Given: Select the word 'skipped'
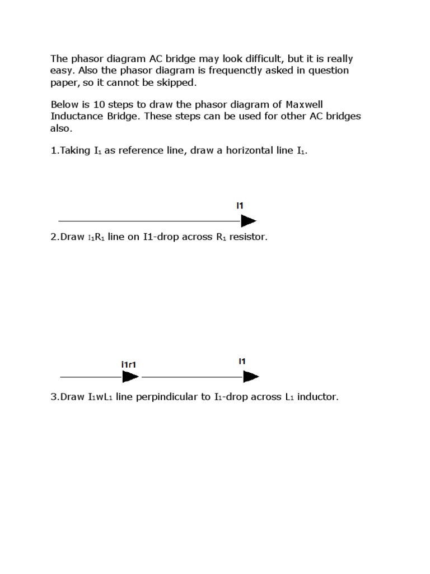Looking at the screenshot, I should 176,82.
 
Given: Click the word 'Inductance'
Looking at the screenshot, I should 76,117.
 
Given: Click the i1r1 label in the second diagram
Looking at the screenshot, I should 129,365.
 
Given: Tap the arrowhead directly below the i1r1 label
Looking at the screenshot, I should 130,377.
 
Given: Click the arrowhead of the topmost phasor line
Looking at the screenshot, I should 249,221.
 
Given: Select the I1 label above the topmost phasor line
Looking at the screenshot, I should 240,206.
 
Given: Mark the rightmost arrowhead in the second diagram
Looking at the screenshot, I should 251,377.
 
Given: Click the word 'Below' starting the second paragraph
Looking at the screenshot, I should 64,105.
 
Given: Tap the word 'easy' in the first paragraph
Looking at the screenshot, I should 62,71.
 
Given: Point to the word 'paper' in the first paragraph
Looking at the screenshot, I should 63,82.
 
